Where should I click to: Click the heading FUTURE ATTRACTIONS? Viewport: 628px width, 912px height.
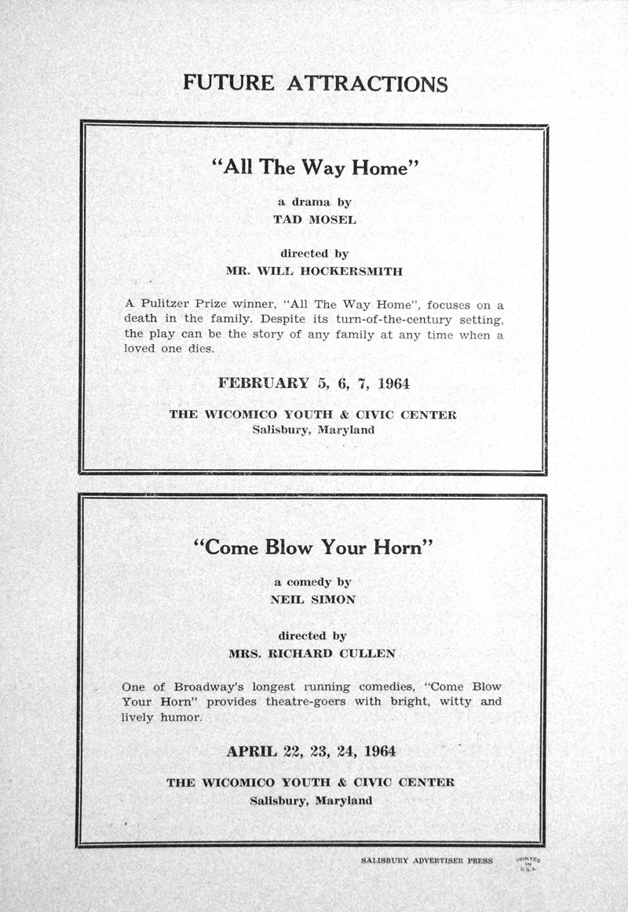point(315,82)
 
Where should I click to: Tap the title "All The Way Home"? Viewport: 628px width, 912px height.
point(314,167)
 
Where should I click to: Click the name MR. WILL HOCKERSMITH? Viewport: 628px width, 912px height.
point(314,272)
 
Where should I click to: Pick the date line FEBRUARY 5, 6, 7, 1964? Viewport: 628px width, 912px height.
point(314,384)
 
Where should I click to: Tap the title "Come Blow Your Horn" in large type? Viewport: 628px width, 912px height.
point(313,548)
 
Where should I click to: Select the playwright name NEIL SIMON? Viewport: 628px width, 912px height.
point(313,599)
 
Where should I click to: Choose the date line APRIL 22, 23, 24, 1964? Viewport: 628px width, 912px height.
point(312,751)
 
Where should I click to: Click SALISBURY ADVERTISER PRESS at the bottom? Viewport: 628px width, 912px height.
point(427,861)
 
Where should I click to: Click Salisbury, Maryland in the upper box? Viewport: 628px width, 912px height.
point(313,430)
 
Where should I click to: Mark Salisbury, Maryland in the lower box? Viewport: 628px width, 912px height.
point(311,800)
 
